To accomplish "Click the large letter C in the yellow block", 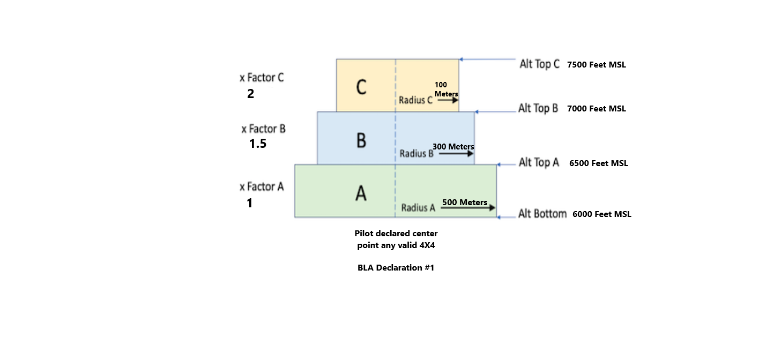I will (x=361, y=87).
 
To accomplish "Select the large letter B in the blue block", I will (x=361, y=140).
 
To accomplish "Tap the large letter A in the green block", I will (x=361, y=193).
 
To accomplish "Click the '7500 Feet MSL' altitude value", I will (x=597, y=65).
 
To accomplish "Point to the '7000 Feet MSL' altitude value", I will (x=597, y=109).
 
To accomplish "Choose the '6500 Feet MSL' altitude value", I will (x=598, y=163).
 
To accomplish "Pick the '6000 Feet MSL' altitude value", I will (x=601, y=214).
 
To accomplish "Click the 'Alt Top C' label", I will (x=539, y=64).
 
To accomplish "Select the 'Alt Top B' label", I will (x=538, y=108).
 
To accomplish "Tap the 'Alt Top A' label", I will (x=539, y=162).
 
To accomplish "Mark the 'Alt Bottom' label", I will (x=542, y=214).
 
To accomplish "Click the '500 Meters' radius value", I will (x=465, y=202).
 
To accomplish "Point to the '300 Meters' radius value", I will (x=453, y=147).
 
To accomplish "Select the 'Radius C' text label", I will (x=415, y=100).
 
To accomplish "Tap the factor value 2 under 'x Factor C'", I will (x=250, y=94).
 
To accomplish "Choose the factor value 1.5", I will (x=258, y=144).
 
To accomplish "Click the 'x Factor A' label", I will (x=262, y=187).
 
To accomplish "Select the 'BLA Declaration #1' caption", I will (x=396, y=268).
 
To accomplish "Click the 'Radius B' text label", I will (x=416, y=154).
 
